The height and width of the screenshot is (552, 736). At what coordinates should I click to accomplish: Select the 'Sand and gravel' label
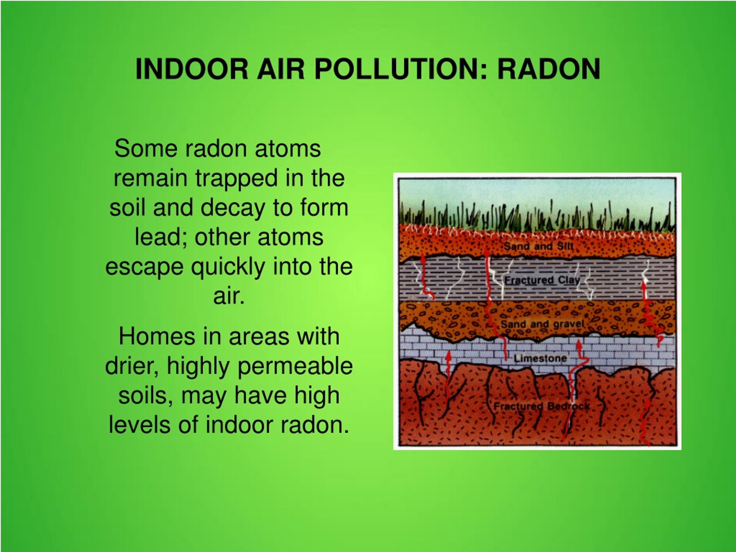click(542, 324)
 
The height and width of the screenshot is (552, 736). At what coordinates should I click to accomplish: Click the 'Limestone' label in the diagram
click(540, 358)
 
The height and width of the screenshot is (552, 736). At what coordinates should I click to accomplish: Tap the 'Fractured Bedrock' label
click(541, 406)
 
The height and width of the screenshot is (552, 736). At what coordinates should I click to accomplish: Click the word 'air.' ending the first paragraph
click(229, 296)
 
